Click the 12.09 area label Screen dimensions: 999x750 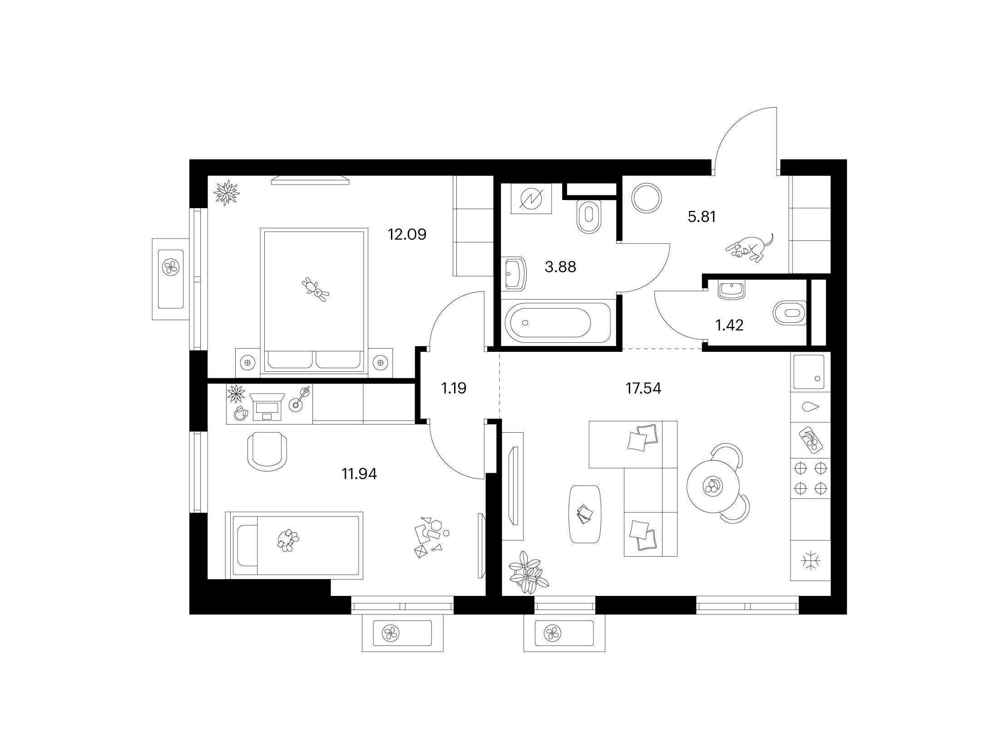tap(407, 235)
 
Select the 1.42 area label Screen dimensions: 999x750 tap(729, 325)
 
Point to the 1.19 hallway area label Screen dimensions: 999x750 tap(454, 388)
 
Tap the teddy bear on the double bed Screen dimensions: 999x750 tap(316, 289)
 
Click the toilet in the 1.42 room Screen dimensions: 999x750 tap(790, 313)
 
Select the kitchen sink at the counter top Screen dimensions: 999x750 tap(809, 372)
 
